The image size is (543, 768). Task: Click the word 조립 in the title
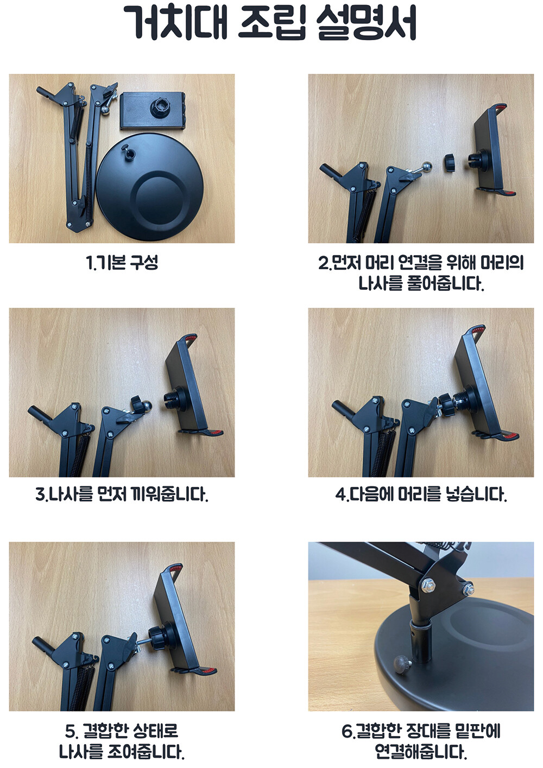pyautogui.click(x=271, y=23)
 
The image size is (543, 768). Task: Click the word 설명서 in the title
pyautogui.click(x=366, y=23)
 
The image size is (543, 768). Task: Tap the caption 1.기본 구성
pyautogui.click(x=122, y=263)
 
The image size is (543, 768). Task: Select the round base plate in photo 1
pyautogui.click(x=149, y=187)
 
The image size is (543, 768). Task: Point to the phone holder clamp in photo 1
pyautogui.click(x=153, y=110)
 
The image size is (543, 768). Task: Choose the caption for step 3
pyautogui.click(x=122, y=495)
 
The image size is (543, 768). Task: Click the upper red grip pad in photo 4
pyautogui.click(x=477, y=330)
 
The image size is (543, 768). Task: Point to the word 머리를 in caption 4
pyautogui.click(x=419, y=495)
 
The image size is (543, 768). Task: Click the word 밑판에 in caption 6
pyautogui.click(x=477, y=731)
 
